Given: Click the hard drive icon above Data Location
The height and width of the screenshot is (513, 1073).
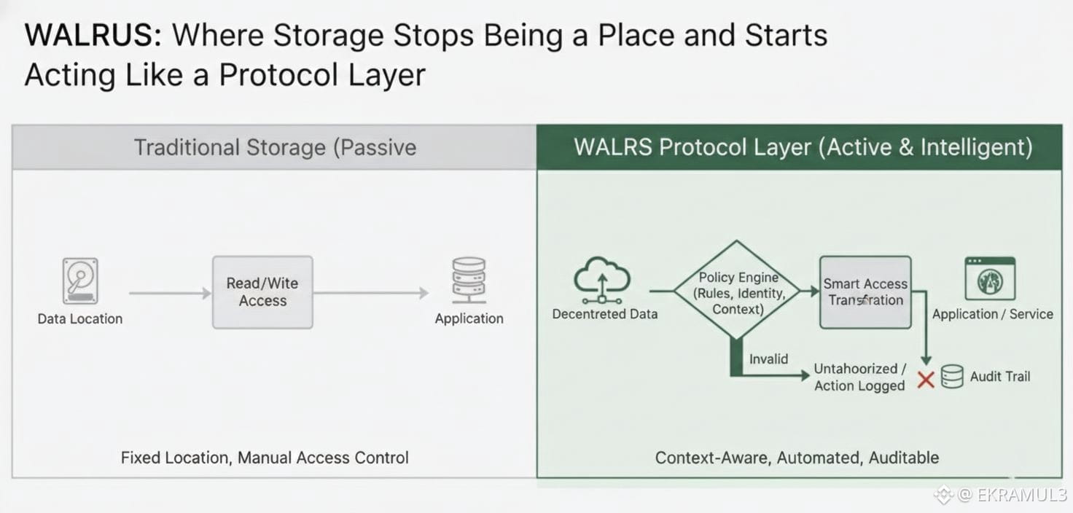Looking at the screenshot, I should (80, 281).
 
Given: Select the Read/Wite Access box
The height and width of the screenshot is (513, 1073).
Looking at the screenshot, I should (262, 292).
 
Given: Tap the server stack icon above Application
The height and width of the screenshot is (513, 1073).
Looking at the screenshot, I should (469, 281).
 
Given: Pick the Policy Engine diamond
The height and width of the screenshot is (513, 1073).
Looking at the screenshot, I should (738, 291).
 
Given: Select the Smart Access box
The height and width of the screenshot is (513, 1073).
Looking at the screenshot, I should (865, 291).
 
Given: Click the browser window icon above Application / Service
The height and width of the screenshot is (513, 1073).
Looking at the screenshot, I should (990, 278).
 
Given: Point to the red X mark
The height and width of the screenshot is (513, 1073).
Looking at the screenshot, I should (926, 379).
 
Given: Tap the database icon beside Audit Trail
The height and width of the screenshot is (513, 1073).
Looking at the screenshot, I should (952, 377).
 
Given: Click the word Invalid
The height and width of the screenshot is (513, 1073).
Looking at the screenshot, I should (768, 359).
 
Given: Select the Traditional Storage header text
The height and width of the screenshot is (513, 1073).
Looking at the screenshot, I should (275, 147).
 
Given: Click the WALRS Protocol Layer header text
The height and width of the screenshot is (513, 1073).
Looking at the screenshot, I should (803, 147).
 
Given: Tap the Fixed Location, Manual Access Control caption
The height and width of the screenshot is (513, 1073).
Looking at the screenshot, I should (265, 458).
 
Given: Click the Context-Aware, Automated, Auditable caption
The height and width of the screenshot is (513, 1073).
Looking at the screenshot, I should (797, 458).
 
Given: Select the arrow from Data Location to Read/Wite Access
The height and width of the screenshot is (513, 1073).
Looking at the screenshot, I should (170, 293).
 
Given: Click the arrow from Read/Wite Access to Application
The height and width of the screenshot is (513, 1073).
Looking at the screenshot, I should (371, 293).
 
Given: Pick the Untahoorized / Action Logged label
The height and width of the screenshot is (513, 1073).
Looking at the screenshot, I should (859, 377).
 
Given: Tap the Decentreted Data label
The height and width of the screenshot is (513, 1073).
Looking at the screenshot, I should (605, 314).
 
